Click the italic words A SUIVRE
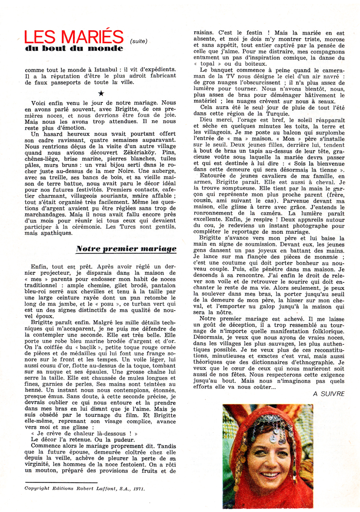pyautogui.click(x=329, y=394)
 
